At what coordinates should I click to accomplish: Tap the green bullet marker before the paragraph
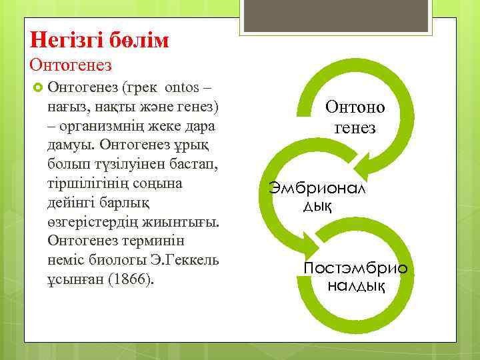pos(37,87)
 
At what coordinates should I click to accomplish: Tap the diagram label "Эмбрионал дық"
pos(317,197)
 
